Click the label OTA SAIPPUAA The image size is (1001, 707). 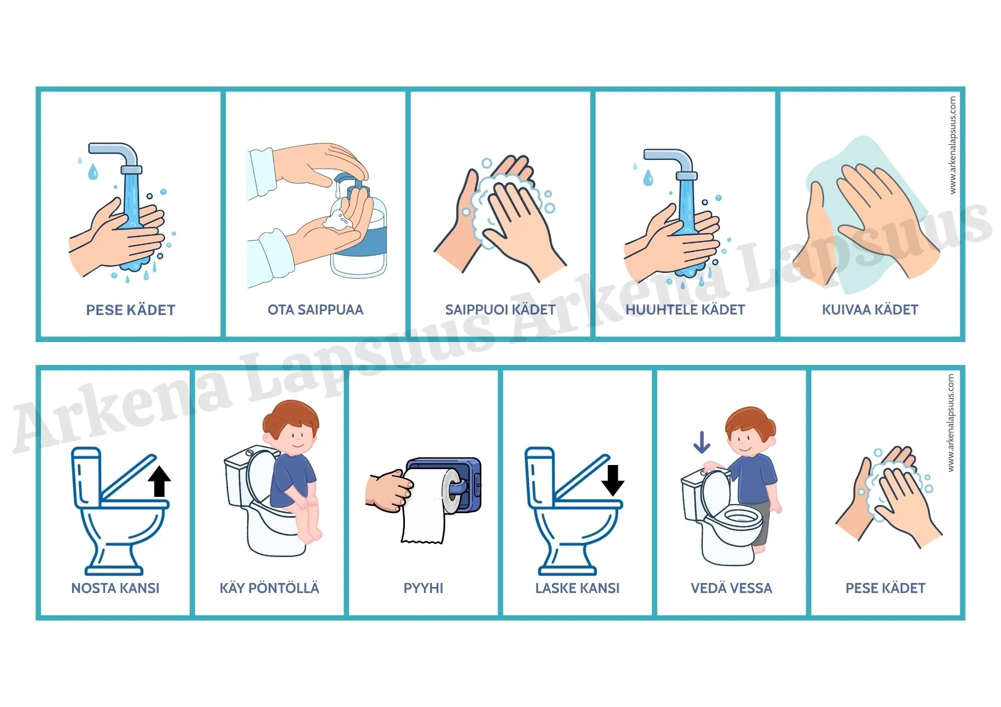315,310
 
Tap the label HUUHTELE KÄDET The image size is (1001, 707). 685,310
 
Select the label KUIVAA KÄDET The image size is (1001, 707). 870,310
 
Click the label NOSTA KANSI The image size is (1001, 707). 115,588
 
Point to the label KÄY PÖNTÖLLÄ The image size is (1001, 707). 269,587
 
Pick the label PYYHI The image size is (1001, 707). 423,588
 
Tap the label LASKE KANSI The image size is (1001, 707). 578,588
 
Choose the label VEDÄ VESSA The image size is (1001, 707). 731,587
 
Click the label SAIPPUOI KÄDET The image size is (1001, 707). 500,310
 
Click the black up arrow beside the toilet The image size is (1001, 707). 160,480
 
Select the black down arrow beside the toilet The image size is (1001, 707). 613,480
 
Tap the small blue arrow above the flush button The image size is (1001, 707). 702,442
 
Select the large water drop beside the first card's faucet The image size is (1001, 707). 93,171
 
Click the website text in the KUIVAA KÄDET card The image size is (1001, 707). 952,145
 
